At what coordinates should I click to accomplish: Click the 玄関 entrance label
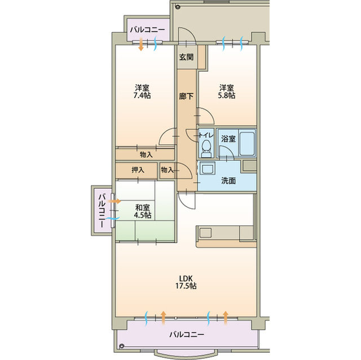[x=186, y=57]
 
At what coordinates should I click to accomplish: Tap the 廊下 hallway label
[x=186, y=96]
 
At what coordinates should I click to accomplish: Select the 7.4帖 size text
[x=142, y=95]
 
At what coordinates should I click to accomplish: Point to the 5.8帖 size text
[x=227, y=95]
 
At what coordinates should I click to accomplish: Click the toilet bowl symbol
[x=206, y=148]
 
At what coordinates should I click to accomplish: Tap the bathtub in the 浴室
[x=247, y=143]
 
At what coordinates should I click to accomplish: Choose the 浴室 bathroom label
[x=228, y=139]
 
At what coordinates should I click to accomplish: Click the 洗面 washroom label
[x=228, y=181]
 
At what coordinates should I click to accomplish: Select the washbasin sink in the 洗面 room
[x=207, y=168]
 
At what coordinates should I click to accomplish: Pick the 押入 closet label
[x=138, y=170]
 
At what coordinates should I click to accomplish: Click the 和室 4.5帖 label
[x=143, y=211]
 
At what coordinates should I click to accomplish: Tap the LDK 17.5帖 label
[x=186, y=282]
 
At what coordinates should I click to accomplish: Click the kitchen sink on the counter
[x=205, y=233]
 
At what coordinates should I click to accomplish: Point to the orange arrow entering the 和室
[x=115, y=201]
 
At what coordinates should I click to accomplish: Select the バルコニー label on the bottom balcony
[x=187, y=334]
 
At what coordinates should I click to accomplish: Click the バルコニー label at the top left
[x=148, y=30]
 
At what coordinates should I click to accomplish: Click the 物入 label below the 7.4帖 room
[x=146, y=155]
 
